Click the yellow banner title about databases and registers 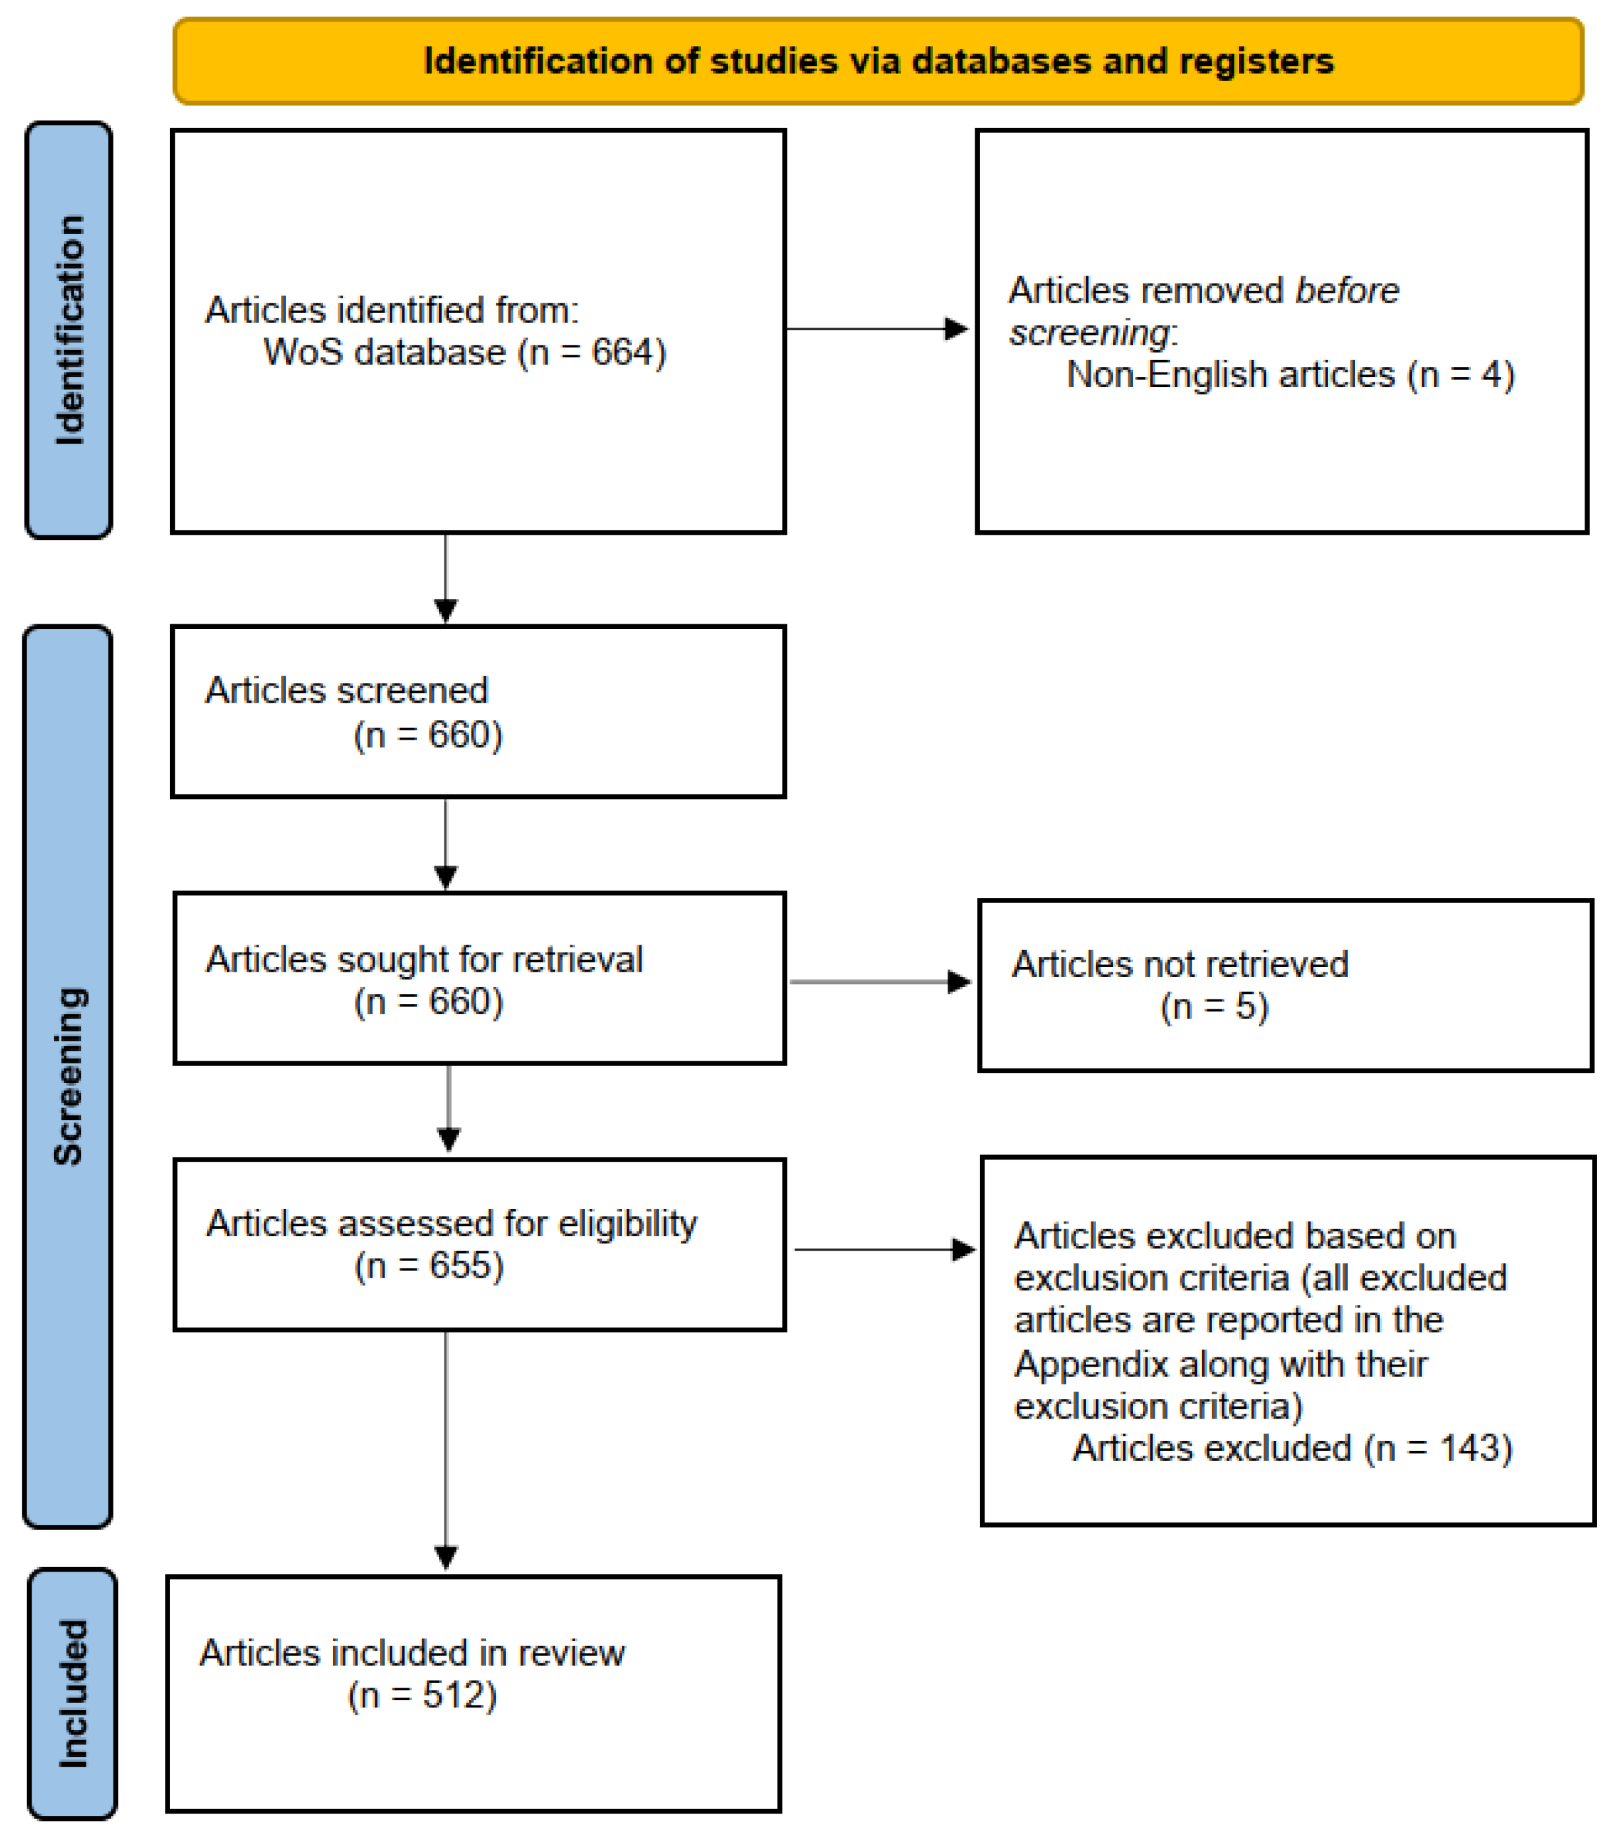pos(878,61)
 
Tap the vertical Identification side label pos(69,330)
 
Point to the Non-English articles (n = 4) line pos(1290,375)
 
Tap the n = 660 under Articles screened pos(428,735)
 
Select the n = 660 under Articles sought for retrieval pos(428,1001)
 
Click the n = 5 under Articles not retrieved pos(1213,1007)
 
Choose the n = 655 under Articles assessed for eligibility pos(429,1266)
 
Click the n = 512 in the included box pos(422,1696)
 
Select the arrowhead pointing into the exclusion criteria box pos(963,1250)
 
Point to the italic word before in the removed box pos(1346,291)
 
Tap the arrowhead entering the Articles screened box pos(446,611)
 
